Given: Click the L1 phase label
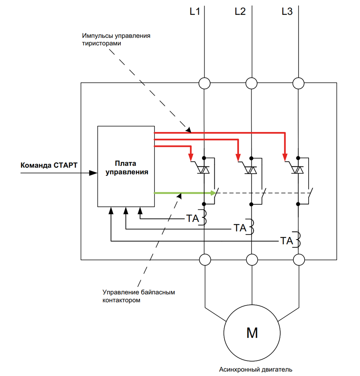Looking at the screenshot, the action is (x=195, y=11).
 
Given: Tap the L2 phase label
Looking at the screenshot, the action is (x=240, y=11).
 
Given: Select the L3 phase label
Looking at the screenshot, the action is (x=287, y=11).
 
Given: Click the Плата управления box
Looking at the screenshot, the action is (x=126, y=166).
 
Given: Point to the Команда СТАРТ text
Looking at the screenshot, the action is (x=49, y=165).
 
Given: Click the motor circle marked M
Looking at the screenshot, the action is (x=252, y=333).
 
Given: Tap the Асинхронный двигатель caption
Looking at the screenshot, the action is (x=256, y=369).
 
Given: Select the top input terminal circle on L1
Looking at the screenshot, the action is (x=204, y=83).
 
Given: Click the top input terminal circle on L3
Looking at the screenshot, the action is (x=298, y=83).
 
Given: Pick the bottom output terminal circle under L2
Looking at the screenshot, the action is (x=252, y=260).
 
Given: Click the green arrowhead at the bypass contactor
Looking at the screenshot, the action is (x=213, y=193).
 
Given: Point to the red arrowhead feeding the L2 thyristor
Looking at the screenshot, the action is (x=238, y=158).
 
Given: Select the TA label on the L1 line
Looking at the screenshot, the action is (x=193, y=218).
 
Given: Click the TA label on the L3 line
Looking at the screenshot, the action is (x=286, y=241).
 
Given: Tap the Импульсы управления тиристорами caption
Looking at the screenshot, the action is (x=116, y=40).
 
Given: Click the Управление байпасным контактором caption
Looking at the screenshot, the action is (x=139, y=296).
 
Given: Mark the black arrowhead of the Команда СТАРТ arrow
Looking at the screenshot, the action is (x=93, y=173).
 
